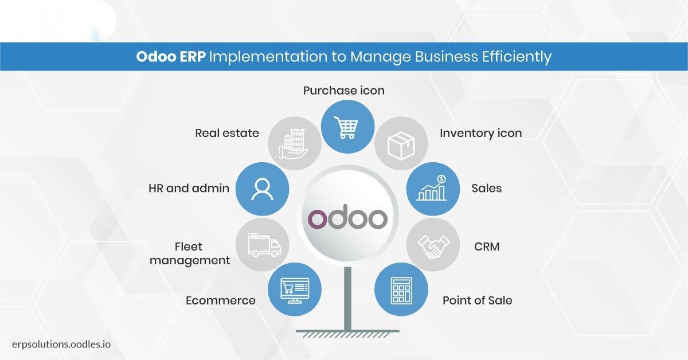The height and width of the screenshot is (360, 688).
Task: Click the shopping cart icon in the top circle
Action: point(346,127)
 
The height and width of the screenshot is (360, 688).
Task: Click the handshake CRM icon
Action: point(433,246)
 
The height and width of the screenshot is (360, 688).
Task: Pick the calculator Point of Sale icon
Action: point(401,291)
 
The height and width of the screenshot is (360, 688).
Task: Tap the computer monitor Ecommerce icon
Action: point(295,291)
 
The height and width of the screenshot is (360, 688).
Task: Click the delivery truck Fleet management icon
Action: point(264,245)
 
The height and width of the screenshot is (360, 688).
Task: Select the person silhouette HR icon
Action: point(262,189)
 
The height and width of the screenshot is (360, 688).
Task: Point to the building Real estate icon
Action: point(293,144)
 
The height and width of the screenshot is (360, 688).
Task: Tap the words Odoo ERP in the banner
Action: point(171,57)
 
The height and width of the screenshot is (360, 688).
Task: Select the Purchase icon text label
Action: point(343,91)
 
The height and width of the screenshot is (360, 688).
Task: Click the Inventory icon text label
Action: point(480,134)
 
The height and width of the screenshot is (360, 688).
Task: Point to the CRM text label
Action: point(487,246)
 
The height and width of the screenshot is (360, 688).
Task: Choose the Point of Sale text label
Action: point(477,300)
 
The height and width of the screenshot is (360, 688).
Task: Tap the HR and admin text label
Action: point(189,188)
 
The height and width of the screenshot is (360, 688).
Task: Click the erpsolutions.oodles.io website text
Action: point(61,345)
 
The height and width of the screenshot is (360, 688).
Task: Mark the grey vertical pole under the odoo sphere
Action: point(347,299)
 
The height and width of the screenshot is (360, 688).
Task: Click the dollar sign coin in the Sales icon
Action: point(441,179)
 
